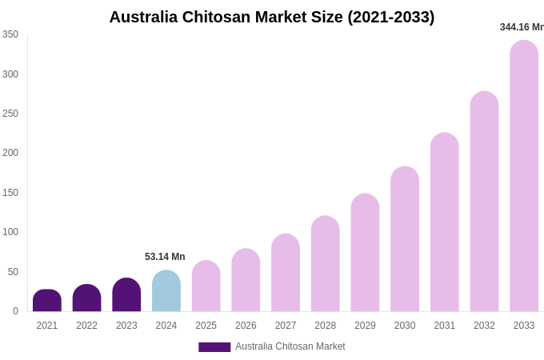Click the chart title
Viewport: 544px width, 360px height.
pos(272,17)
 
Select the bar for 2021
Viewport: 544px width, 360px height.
pos(47,301)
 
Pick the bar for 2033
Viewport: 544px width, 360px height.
pos(524,176)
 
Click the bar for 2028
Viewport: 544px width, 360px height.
pos(326,264)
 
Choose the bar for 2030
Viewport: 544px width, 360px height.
pos(405,239)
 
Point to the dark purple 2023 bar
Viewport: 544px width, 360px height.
pos(126,295)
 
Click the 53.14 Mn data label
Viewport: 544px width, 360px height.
pos(165,257)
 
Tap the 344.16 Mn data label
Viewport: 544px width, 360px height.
pos(522,27)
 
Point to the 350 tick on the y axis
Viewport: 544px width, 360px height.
pos(10,34)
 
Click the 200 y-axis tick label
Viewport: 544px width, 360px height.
pos(10,153)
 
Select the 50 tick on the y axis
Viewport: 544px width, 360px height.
pos(13,272)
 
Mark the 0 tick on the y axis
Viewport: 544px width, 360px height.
pos(15,311)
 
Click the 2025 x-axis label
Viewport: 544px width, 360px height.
pos(206,326)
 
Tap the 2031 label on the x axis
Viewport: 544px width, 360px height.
pos(445,326)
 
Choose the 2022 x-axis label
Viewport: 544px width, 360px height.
pos(87,326)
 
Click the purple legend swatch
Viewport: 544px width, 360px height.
pos(214,347)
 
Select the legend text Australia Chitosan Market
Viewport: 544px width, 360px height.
pos(290,346)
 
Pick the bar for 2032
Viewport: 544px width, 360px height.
pos(484,202)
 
